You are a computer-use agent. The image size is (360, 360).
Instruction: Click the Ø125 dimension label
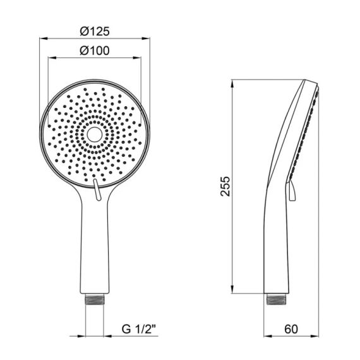(x=95, y=31)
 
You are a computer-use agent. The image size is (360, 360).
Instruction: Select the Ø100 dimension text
(x=95, y=51)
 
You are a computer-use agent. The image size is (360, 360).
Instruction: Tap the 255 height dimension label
(x=225, y=186)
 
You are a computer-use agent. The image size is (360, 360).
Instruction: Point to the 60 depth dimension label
(x=291, y=329)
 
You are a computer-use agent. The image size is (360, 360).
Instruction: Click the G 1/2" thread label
(x=139, y=330)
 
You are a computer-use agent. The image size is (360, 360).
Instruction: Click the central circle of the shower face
(x=94, y=135)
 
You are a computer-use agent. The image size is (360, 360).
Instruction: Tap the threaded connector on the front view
(x=94, y=299)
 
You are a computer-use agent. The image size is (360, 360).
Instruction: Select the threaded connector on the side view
(x=277, y=299)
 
